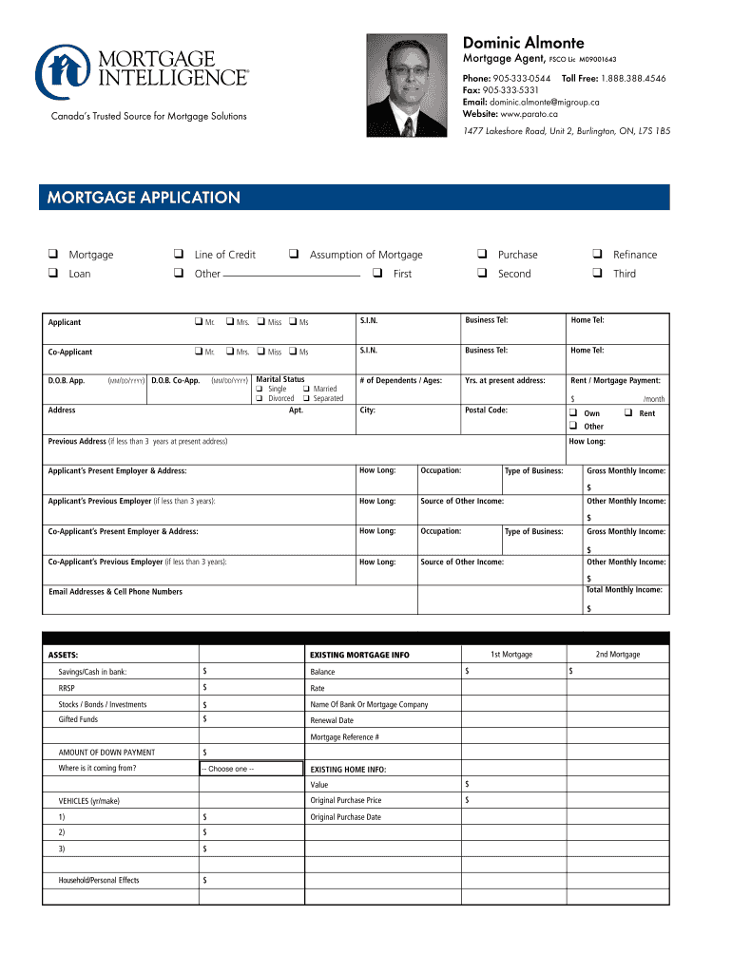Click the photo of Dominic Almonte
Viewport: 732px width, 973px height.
(407, 86)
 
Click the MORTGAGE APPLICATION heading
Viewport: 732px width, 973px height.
(139, 198)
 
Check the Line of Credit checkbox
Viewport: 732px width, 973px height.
(178, 255)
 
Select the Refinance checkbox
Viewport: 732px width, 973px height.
(596, 255)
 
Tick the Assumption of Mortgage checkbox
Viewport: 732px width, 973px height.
(294, 255)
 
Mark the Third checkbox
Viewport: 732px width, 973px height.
(596, 274)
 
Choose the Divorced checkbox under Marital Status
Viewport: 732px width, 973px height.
(259, 399)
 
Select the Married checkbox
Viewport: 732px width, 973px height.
(306, 390)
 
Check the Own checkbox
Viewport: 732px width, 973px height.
(573, 413)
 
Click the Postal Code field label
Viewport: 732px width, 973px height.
(486, 410)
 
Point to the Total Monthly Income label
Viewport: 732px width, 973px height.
(624, 590)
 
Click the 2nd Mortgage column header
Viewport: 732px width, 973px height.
(617, 655)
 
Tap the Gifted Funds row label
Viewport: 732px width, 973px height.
(78, 720)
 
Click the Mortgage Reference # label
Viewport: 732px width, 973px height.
(345, 737)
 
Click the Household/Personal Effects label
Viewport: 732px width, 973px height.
(99, 881)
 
